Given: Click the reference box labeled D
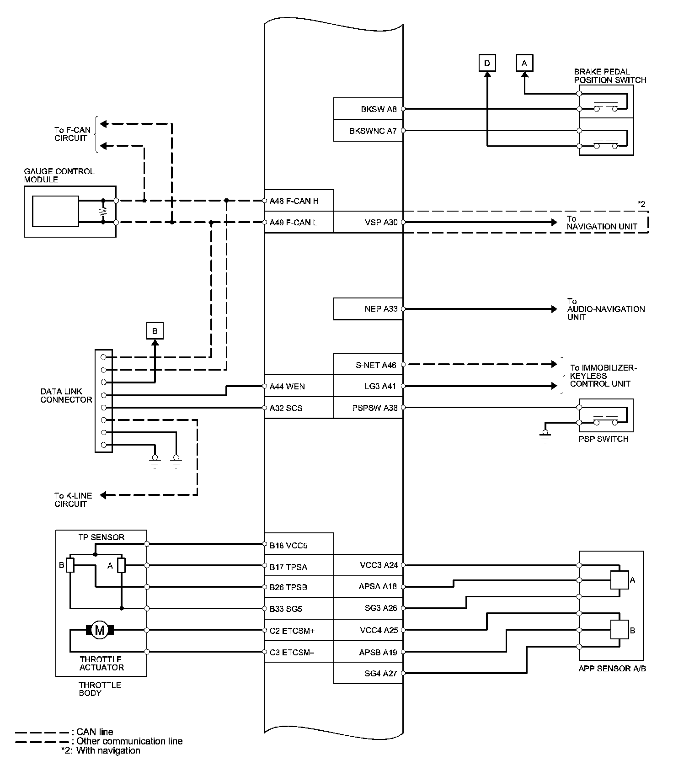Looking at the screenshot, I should pyautogui.click(x=487, y=63).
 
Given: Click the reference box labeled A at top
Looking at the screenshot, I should pyautogui.click(x=524, y=63).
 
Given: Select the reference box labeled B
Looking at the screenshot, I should pyautogui.click(x=155, y=331).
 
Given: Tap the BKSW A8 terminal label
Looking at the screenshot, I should pyautogui.click(x=379, y=109).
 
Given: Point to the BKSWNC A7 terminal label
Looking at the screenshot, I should pyautogui.click(x=373, y=131).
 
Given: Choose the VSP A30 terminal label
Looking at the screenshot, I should pyautogui.click(x=381, y=223).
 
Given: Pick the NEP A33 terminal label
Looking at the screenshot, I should pyautogui.click(x=381, y=309).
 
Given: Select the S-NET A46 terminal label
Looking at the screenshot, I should pyautogui.click(x=376, y=365).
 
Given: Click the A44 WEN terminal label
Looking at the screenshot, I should pyautogui.click(x=287, y=387).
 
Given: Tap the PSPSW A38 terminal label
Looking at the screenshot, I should pyautogui.click(x=375, y=408).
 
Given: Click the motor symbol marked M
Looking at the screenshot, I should pyautogui.click(x=99, y=630).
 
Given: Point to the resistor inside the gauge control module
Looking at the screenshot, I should pyautogui.click(x=103, y=212).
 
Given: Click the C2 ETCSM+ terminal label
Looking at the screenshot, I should pyautogui.click(x=292, y=631).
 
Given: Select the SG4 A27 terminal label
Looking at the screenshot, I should pyautogui.click(x=380, y=673).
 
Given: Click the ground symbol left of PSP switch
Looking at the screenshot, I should pyautogui.click(x=545, y=436).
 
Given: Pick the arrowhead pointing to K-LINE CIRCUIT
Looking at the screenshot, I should pyautogui.click(x=103, y=495).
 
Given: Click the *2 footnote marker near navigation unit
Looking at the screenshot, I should pyautogui.click(x=641, y=204).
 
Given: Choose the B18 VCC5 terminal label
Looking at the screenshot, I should pyautogui.click(x=288, y=546).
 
